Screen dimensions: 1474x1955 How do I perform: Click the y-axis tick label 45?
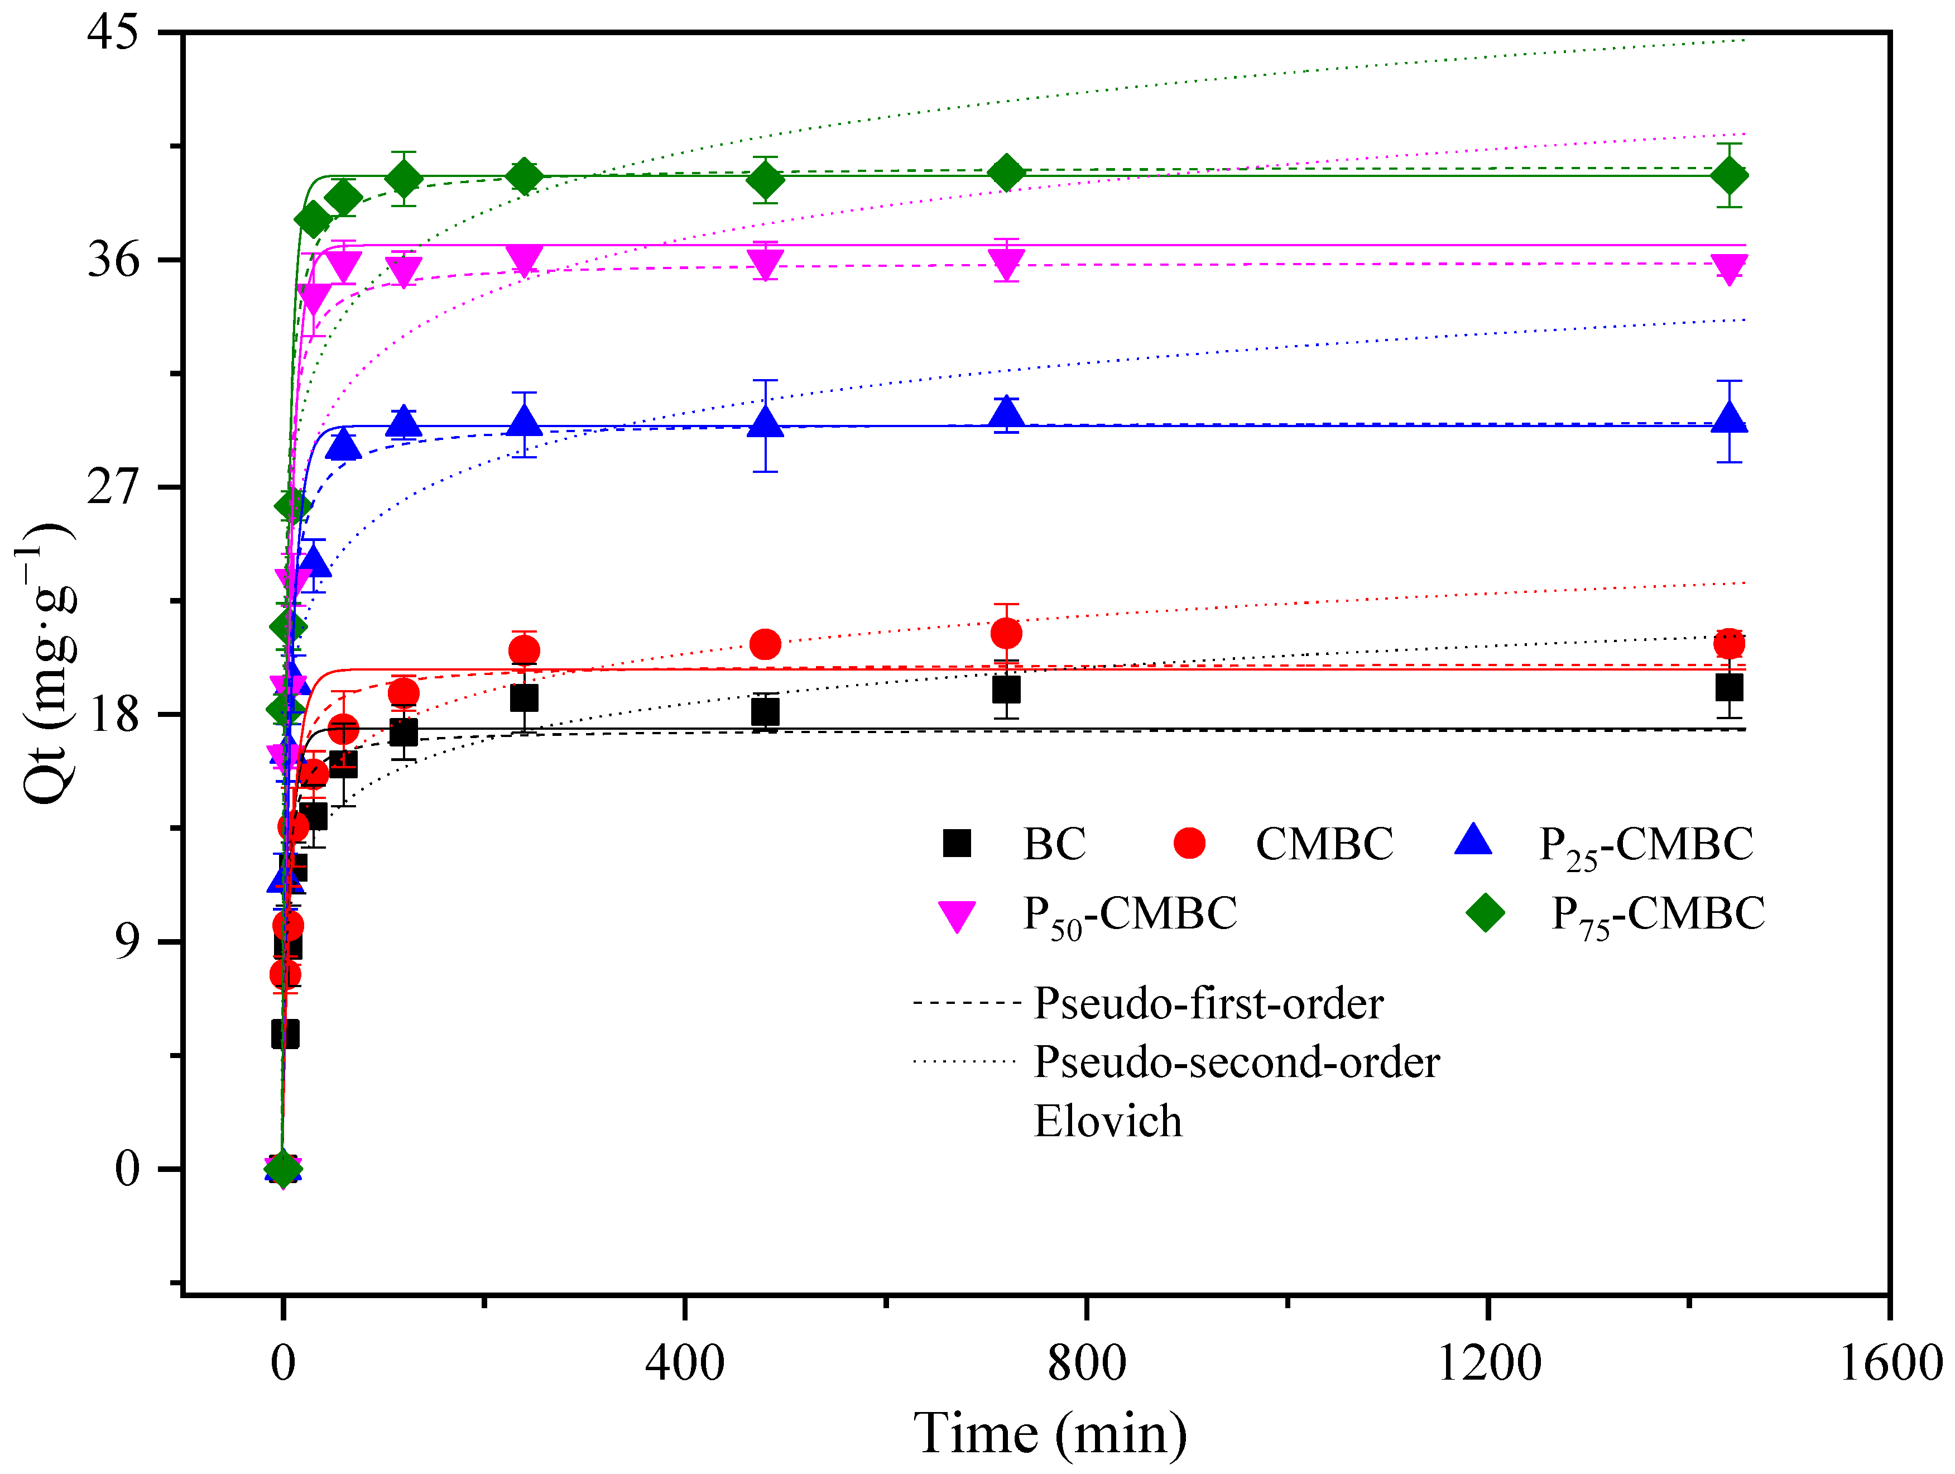click(x=113, y=33)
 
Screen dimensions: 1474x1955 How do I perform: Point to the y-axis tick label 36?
click(x=113, y=260)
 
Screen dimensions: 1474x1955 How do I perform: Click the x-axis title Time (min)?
click(x=1050, y=1433)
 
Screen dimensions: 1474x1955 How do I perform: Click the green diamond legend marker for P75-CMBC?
click(x=1485, y=912)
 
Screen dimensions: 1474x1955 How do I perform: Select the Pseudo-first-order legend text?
click(x=1208, y=1003)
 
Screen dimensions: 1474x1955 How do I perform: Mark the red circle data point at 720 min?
click(x=1006, y=633)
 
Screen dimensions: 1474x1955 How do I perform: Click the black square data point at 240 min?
click(x=524, y=698)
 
